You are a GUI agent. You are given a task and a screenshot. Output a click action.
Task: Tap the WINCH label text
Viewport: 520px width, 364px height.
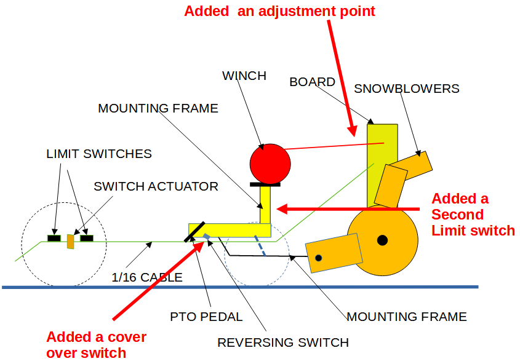point(244,76)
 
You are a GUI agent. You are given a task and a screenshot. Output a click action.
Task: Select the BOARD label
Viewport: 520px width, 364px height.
point(312,82)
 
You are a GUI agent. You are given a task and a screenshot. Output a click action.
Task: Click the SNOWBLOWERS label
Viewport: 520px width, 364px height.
point(406,89)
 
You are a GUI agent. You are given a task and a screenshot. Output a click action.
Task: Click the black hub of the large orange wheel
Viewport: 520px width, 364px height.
point(383,240)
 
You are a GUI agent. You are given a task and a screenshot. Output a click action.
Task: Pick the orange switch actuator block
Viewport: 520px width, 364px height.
point(71,241)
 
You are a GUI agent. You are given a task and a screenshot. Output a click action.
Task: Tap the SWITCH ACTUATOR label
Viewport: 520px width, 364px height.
point(156,186)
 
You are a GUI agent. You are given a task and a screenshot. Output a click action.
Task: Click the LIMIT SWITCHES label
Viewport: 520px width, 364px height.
point(99,154)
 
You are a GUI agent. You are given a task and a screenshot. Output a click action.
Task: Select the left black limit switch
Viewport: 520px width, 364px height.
point(54,237)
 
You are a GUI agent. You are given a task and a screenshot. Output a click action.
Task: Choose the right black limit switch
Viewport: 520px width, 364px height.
point(86,237)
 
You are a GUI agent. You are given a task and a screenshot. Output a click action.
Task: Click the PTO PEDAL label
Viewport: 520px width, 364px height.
point(206,317)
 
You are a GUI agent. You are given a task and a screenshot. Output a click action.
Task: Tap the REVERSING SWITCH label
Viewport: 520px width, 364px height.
point(283,342)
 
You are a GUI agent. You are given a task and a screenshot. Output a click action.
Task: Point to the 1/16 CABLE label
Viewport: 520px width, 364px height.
point(148,277)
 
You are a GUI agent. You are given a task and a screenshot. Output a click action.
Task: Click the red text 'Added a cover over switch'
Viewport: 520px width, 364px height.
point(96,345)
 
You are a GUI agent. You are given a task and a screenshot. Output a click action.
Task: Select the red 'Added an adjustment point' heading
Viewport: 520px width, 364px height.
point(279,11)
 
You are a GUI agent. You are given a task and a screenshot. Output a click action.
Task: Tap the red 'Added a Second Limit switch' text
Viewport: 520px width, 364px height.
point(473,215)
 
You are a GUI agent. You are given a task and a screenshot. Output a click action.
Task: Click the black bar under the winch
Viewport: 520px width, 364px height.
point(265,183)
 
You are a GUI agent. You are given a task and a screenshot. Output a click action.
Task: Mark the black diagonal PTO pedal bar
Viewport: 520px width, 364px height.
point(194,231)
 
